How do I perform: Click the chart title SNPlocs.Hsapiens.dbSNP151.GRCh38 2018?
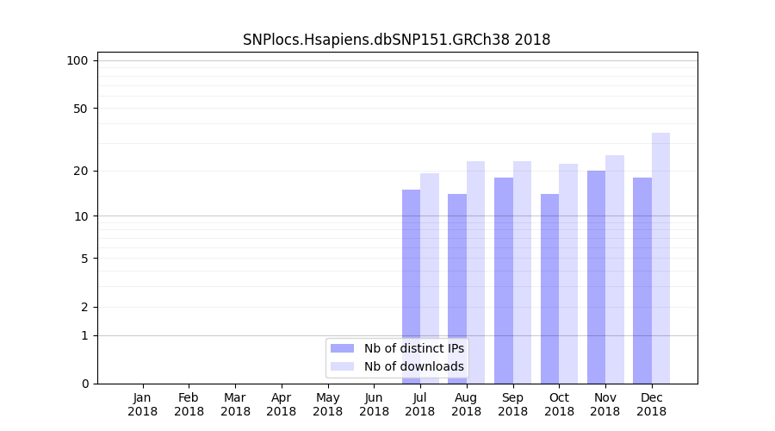(396, 40)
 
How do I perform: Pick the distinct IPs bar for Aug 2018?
(457, 288)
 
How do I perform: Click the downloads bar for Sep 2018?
(522, 272)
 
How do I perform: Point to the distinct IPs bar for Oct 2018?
(549, 288)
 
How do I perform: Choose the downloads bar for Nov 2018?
(615, 269)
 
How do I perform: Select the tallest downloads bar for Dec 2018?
(660, 258)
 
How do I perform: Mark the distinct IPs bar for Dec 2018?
(642, 280)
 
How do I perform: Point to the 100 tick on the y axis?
(77, 60)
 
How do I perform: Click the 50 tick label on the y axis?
(81, 109)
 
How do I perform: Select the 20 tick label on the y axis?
(81, 171)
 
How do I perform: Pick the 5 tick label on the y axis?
(84, 258)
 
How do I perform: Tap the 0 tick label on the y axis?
(84, 384)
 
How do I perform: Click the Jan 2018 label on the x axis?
(143, 404)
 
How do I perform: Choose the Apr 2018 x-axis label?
(282, 404)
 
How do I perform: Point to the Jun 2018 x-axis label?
(374, 404)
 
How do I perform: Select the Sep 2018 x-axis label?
(512, 404)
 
